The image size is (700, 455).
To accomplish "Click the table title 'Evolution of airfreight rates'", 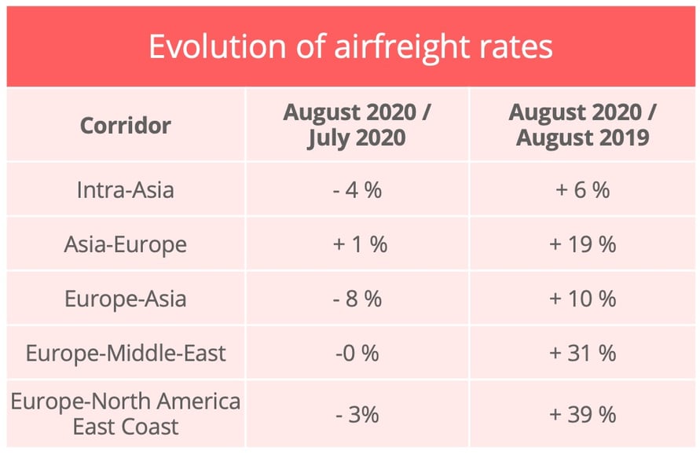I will pos(350,46).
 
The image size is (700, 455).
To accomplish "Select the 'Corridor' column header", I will pos(125,125).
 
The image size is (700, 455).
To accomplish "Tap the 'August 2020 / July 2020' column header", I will pos(357,125).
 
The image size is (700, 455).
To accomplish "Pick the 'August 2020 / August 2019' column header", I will pos(582,125).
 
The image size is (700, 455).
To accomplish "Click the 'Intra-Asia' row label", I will pos(125,189).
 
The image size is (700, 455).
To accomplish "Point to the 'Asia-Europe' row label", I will pos(125,244).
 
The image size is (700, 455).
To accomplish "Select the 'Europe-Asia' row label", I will pos(125,299).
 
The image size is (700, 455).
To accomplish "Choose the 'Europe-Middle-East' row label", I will pos(125,353).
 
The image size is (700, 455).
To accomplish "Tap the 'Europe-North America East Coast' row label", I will pos(125,414).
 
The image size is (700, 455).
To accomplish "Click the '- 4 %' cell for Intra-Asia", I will pos(357,189).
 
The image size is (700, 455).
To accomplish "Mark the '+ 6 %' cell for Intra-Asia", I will pos(582,189).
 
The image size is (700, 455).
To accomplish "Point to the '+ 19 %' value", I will pos(582,244).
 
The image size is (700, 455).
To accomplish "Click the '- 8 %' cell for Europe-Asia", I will pos(357,299).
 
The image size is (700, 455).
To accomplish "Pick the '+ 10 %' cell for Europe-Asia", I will pos(582,299).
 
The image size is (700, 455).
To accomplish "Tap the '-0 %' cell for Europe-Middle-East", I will pos(357,353).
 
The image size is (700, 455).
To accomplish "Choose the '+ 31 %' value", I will pos(582,353).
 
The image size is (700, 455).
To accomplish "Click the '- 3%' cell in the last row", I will pos(357,414).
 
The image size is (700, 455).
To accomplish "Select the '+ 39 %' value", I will pos(582,414).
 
